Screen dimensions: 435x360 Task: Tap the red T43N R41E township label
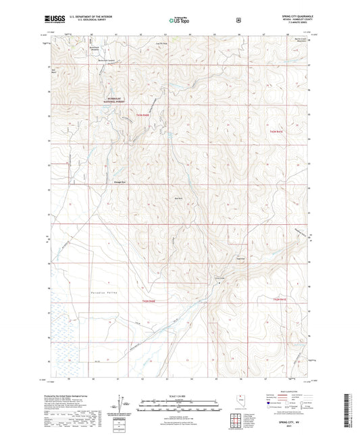pyautogui.click(x=280, y=131)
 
